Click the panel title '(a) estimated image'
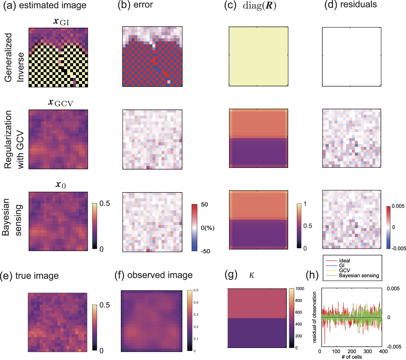click(45, 6)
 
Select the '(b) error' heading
click(135, 5)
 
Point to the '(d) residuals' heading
click(350, 5)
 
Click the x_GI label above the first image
click(61, 22)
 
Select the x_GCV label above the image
click(60, 103)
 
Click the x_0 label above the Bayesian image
click(60, 185)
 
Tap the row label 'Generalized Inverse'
click(14, 58)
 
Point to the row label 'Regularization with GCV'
click(14, 140)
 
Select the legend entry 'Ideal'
click(344, 261)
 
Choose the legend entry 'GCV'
click(344, 270)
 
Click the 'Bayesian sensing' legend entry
click(359, 275)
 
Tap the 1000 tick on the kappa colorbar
click(300, 289)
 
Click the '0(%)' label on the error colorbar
click(207, 228)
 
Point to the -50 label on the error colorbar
click(205, 251)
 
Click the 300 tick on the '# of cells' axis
click(367, 351)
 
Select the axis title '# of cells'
click(352, 357)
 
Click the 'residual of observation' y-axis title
click(314, 317)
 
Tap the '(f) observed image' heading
click(153, 275)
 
